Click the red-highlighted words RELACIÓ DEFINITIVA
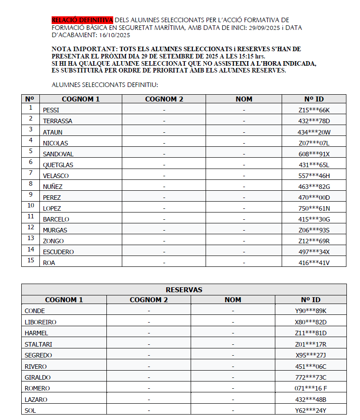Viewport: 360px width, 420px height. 82,20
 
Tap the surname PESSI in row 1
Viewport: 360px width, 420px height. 51,110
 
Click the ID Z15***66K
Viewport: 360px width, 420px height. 314,110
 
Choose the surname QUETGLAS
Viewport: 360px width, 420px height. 58,165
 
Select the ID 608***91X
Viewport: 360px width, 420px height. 314,154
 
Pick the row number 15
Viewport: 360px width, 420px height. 31,260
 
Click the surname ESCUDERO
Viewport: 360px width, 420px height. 58,252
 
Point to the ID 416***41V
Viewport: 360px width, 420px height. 314,263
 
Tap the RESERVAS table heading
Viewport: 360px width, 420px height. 184,290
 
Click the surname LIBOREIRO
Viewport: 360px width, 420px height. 40,322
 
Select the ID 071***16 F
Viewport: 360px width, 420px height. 311,388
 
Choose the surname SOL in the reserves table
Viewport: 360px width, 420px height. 30,410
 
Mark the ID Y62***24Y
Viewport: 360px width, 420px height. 311,410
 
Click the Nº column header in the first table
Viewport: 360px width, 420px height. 30,99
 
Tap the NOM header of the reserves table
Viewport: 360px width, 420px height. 233,299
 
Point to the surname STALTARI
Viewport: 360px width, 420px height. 38,344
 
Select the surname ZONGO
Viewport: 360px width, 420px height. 53,241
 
